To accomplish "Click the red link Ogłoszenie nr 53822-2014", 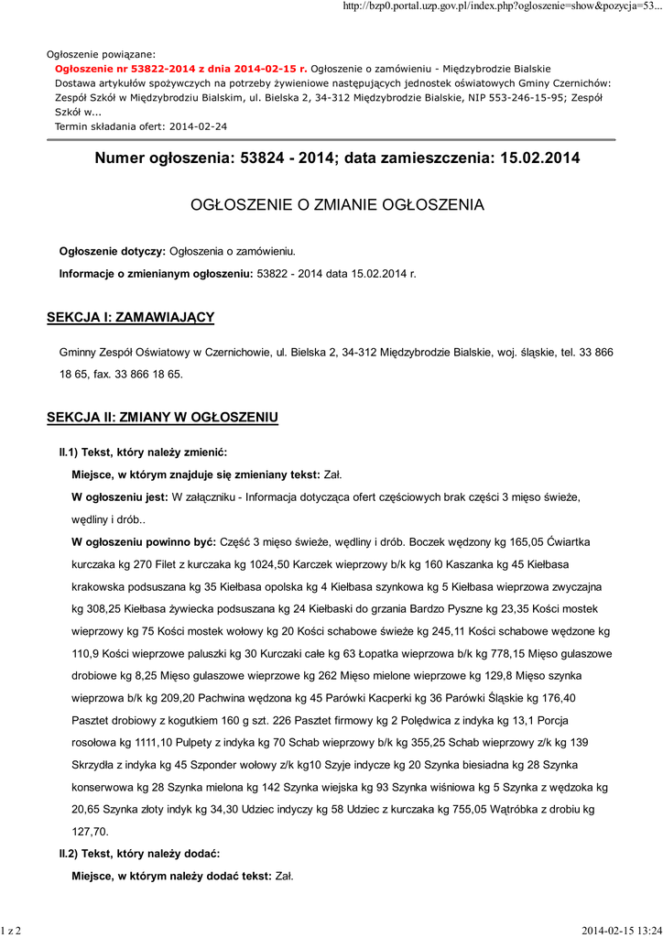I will [x=180, y=69].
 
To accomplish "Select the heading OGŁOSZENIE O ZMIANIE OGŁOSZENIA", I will [x=337, y=204].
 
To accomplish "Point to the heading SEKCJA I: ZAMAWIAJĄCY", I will [x=130, y=317].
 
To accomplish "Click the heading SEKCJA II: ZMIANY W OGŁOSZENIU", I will [x=162, y=418].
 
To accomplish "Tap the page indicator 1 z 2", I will [x=11, y=931].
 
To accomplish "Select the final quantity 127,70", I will [x=90, y=832].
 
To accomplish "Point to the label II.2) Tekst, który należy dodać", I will [x=139, y=854].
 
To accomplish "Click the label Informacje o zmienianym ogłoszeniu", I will [x=157, y=273].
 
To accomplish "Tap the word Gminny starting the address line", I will [x=79, y=352].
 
